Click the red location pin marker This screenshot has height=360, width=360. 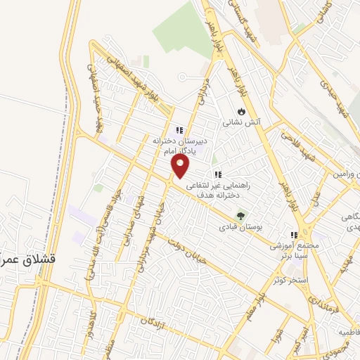click(181, 166)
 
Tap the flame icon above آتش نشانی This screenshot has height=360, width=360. click(241, 111)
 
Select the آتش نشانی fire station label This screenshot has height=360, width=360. click(242, 122)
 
